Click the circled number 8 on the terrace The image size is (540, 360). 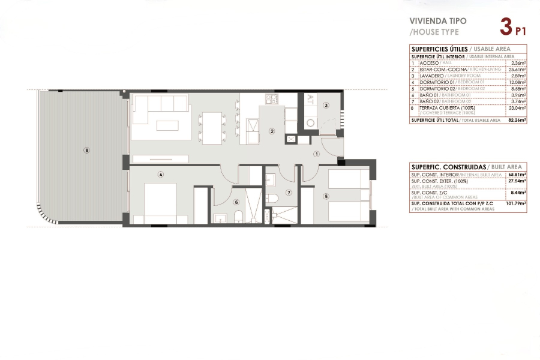pyautogui.click(x=87, y=150)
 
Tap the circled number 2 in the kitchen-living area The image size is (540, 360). pyautogui.click(x=272, y=131)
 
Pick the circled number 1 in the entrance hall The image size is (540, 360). pyautogui.click(x=317, y=154)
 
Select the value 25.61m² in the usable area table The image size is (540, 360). pyautogui.click(x=517, y=70)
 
